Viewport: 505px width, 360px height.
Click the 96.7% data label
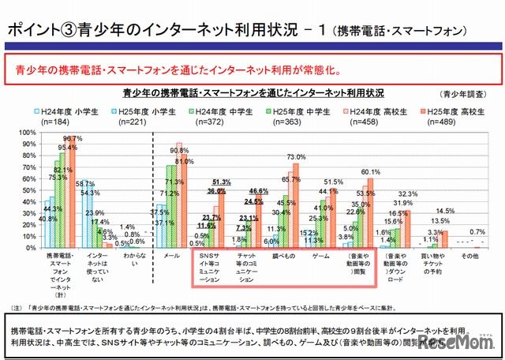click(74, 139)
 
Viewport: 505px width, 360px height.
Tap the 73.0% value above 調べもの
click(296, 157)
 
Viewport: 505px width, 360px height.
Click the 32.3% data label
click(409, 193)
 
